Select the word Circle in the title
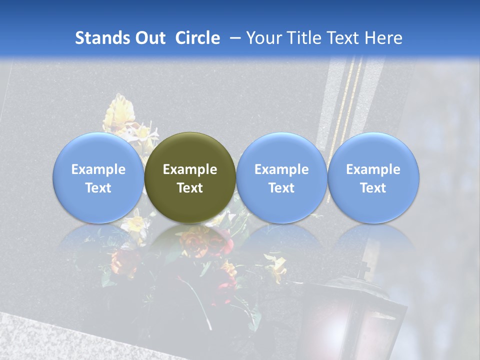tap(197, 38)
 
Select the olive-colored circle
tap(190, 177)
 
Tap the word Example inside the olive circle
tap(190, 169)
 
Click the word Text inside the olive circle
tap(190, 188)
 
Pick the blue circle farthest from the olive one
tap(373, 177)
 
